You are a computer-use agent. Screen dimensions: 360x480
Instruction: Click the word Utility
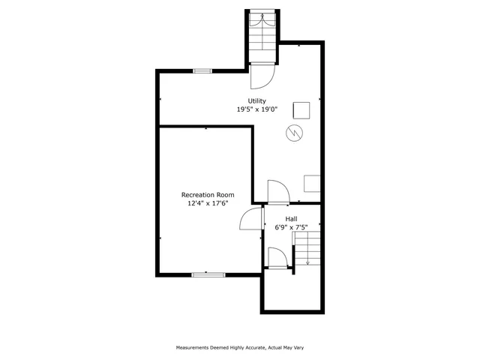(257, 101)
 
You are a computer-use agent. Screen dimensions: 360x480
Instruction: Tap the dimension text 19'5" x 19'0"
(257, 109)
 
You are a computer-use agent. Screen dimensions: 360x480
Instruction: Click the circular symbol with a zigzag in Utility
(294, 133)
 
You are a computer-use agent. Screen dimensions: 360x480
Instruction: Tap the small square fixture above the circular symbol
(301, 109)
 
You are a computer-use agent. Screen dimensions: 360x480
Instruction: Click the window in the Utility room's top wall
(202, 71)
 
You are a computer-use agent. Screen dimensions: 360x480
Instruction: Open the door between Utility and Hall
(277, 192)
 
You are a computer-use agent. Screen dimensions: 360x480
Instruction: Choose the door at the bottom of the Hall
(276, 257)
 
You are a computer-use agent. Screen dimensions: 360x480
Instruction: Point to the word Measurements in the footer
(196, 347)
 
